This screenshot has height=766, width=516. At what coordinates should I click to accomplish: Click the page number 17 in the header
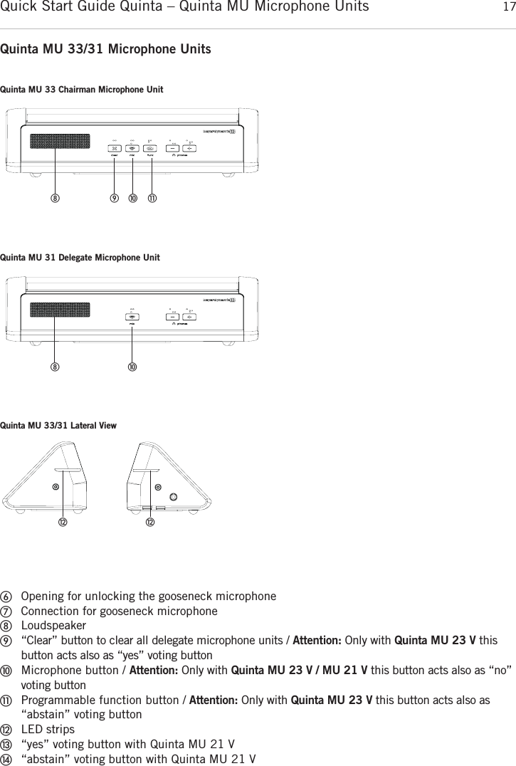(x=506, y=8)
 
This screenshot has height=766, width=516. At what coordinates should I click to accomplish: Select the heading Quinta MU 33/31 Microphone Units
(x=106, y=50)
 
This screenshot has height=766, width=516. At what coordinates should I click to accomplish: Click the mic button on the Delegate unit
(x=133, y=317)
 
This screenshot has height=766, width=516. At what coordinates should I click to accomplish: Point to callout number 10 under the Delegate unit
(x=133, y=367)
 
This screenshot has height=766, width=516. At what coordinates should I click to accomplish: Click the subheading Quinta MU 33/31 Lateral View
(x=58, y=426)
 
